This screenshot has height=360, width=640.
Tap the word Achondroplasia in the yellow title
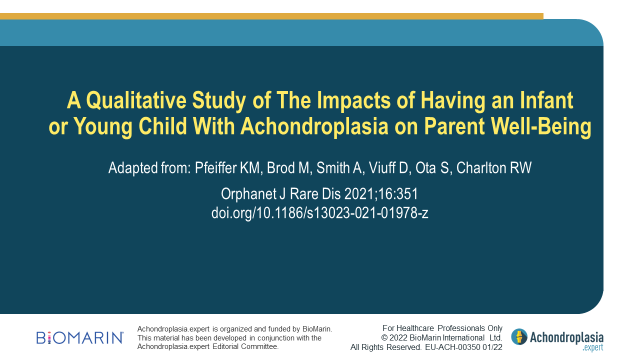coord(314,126)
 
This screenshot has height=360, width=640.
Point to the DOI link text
coord(319,212)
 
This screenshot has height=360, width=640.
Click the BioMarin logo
coord(80,337)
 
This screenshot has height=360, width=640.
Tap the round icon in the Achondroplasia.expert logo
coord(519,336)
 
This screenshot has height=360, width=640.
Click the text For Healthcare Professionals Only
coord(442,328)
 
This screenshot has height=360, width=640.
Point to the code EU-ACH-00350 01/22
coord(463,347)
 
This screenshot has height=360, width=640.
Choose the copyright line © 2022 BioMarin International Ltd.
coord(441,337)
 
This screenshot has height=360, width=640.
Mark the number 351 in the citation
coord(408,194)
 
